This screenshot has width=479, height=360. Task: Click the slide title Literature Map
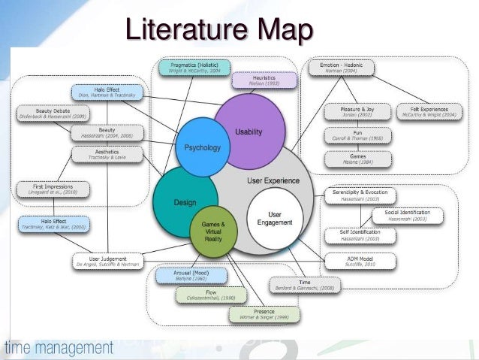click(218, 31)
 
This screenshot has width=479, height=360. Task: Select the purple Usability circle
click(249, 132)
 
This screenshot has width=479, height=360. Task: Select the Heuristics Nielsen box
click(258, 80)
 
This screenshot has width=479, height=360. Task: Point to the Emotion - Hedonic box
click(342, 68)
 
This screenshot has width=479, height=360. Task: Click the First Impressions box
click(52, 188)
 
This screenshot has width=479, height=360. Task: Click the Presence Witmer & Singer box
click(263, 314)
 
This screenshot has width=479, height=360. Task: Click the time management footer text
click(60, 348)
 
